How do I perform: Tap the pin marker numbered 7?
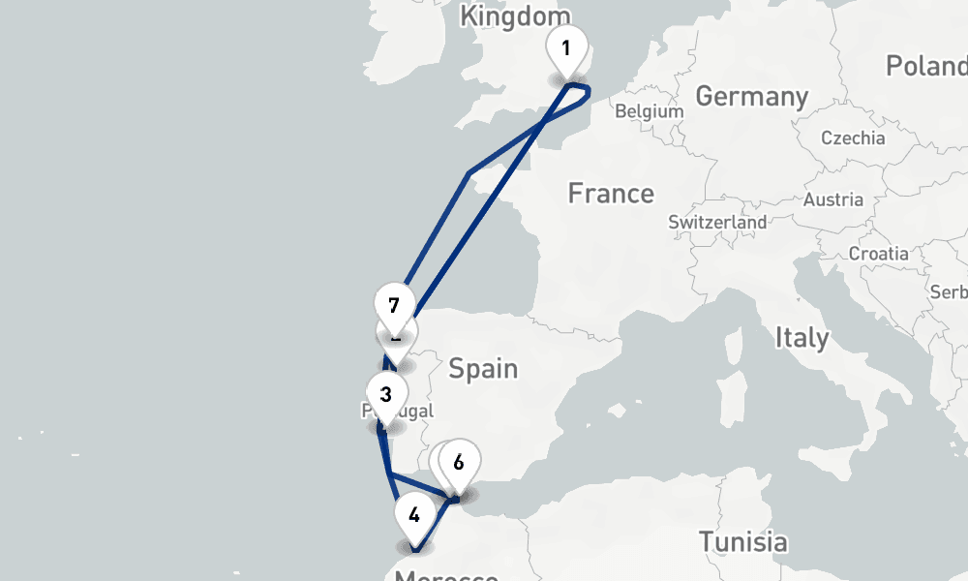point(393,306)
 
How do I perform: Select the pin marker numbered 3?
point(386,395)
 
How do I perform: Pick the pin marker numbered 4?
point(414,515)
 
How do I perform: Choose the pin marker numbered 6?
point(459,463)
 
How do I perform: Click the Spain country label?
point(483,369)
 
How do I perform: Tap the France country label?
point(611,194)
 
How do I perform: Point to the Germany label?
point(752,97)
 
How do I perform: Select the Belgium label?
point(650,111)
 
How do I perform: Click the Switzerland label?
point(717,222)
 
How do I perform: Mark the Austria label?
point(833,199)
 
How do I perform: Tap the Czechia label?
point(853,138)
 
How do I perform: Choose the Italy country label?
point(802,338)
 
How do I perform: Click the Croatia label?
point(878,253)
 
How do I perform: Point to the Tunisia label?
point(742,541)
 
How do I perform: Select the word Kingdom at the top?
point(515,16)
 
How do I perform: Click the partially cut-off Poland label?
point(926,66)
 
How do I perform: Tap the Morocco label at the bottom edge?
point(446,575)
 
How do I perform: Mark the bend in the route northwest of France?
point(469,174)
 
